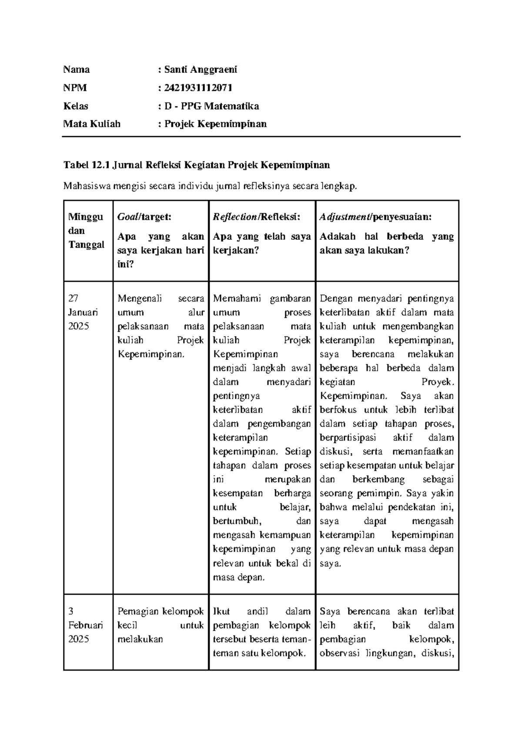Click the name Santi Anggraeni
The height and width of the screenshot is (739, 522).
pos(201,70)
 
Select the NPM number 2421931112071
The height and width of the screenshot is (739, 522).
pos(198,88)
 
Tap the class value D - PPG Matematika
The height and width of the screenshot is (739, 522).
pos(211,106)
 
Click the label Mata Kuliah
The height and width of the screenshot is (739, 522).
pos(92,124)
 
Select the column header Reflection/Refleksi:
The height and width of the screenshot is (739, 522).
pos(257,217)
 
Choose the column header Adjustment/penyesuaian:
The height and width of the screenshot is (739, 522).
pos(376,217)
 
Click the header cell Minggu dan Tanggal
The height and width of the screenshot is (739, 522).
pos(86,231)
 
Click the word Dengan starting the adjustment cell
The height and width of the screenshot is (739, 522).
pos(336,299)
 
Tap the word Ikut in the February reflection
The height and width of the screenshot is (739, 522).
pos(221,611)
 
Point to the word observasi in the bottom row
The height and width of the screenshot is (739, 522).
pos(340,653)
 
